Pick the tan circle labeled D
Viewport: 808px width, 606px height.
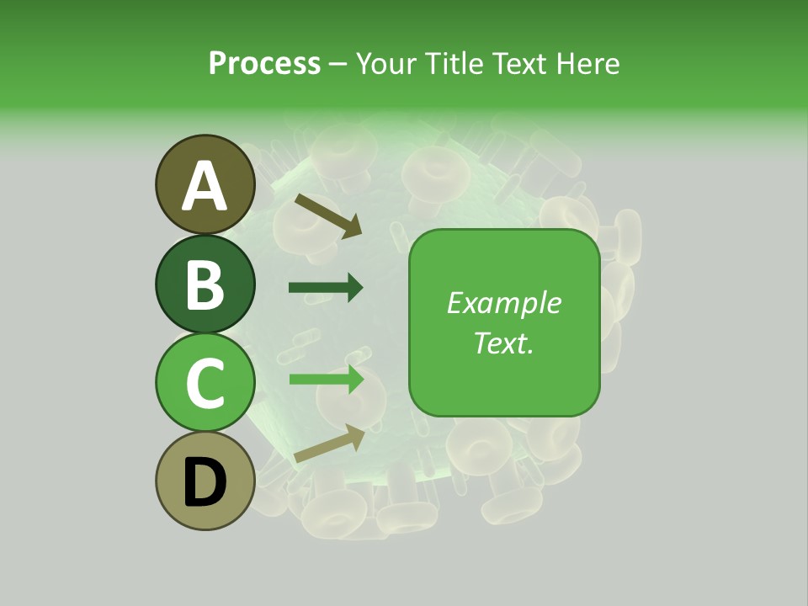coord(205,481)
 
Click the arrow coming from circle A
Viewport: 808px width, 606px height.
coord(328,215)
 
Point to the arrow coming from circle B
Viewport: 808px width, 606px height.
coord(326,288)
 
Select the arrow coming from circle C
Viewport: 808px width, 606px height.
coord(327,379)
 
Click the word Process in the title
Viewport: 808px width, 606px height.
coord(264,63)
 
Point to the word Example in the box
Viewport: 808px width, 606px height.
coord(503,303)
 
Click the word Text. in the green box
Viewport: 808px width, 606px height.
coord(503,343)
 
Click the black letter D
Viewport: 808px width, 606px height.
coord(205,483)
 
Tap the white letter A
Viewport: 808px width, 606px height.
coord(205,186)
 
